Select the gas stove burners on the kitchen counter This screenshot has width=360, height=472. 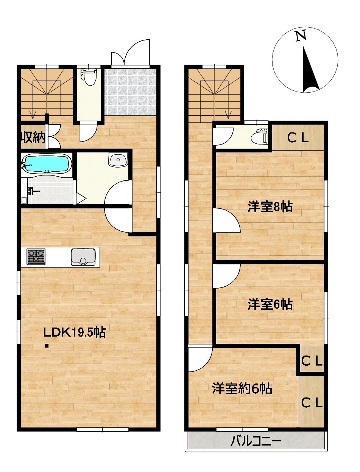(36, 257)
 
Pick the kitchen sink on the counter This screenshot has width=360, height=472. (83, 257)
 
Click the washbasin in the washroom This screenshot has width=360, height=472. (118, 160)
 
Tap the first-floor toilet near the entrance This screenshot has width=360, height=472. (89, 77)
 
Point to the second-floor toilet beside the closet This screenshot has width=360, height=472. (260, 136)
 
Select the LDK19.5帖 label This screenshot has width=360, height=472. (75, 333)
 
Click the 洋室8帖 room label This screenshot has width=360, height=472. (270, 207)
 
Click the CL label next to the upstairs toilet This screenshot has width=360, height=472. (298, 139)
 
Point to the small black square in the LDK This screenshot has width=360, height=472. (47, 346)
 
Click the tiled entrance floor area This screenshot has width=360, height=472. (130, 92)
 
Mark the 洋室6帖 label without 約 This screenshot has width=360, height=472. (270, 304)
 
